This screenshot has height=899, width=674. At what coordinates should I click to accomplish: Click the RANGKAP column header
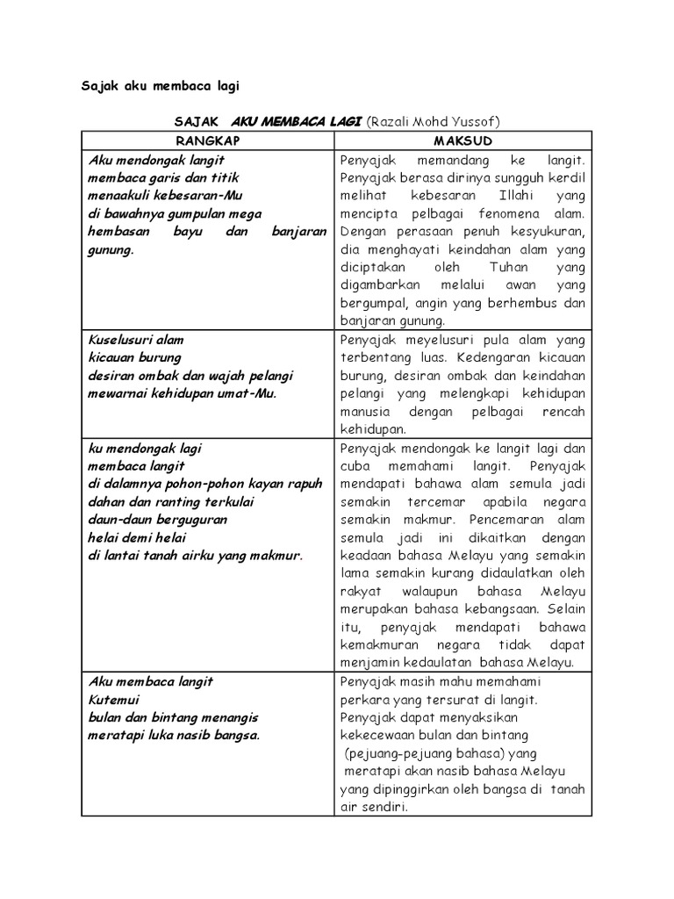pyautogui.click(x=207, y=140)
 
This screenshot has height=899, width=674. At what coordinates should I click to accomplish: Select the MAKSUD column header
pyautogui.click(x=462, y=140)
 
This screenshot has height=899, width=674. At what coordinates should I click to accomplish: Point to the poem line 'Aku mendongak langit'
pyautogui.click(x=156, y=160)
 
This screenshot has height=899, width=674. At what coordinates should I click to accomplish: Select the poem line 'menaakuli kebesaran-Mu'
pyautogui.click(x=164, y=195)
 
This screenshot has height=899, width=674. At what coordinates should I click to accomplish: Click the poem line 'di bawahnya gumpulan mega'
pyautogui.click(x=175, y=213)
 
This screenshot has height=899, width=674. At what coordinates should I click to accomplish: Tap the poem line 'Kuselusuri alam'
pyautogui.click(x=135, y=339)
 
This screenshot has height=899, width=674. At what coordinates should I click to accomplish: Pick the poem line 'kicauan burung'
pyautogui.click(x=134, y=357)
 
